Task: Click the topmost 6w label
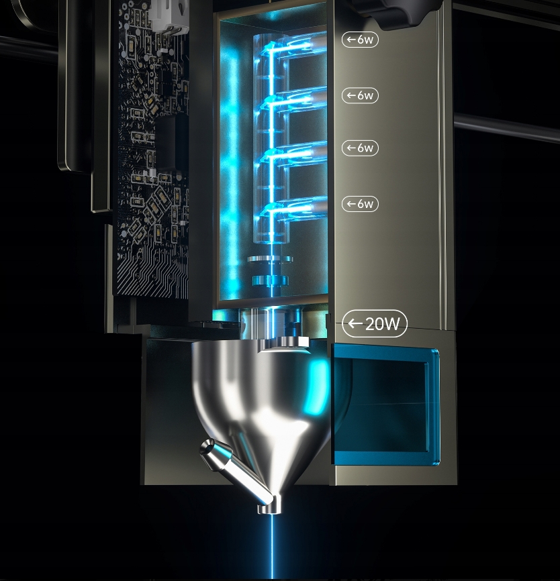pos(360,40)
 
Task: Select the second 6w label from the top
pos(360,95)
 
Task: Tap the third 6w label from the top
pos(360,148)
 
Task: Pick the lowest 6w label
pos(360,203)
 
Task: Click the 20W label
pos(375,325)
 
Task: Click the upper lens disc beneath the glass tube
pos(270,259)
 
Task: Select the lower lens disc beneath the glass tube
pos(271,280)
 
